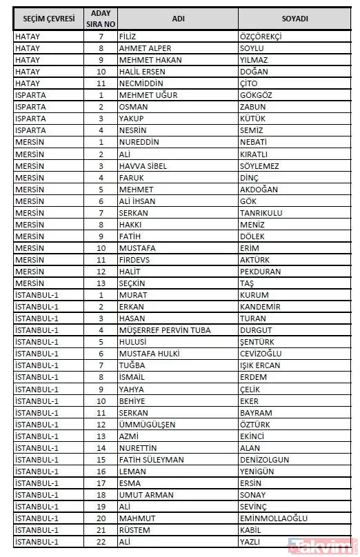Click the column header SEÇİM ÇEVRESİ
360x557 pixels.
point(49,19)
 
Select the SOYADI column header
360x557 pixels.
point(294,19)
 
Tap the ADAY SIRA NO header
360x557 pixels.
point(101,19)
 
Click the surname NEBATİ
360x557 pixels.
point(254,142)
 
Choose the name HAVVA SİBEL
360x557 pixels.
point(143,166)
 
